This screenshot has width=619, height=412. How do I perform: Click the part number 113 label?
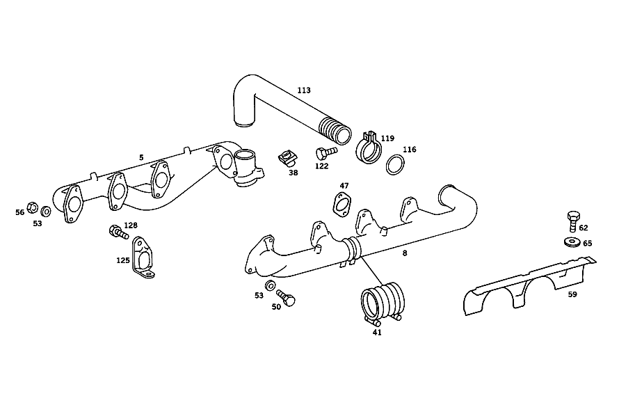coord(304,90)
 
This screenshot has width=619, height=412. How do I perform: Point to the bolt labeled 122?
coord(326,152)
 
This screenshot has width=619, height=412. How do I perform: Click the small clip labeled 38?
coord(288,158)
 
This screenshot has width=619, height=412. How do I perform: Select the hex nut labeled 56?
coord(33,207)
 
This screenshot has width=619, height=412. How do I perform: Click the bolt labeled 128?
coord(118,232)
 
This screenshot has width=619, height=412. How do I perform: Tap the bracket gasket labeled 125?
coord(143,257)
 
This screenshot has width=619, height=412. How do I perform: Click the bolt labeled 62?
coord(573,221)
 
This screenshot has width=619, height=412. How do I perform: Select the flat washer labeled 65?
coord(572,242)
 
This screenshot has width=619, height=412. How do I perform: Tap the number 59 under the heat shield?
coord(572,294)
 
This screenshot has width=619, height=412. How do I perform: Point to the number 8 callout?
coord(405,253)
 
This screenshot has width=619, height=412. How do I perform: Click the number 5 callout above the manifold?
coord(141,157)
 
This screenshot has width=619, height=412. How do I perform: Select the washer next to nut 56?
coord(46,212)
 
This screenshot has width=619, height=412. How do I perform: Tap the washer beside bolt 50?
coord(270,285)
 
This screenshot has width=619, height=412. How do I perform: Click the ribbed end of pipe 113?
coord(335,131)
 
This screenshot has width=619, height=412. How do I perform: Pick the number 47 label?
coord(344,186)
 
